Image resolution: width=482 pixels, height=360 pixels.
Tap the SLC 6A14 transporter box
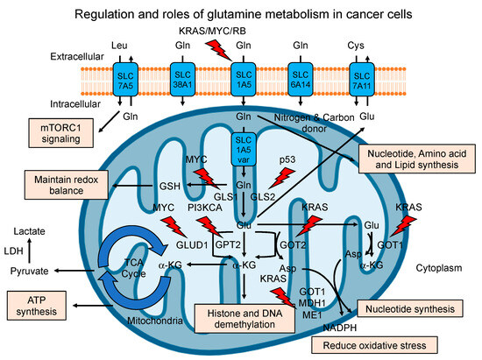tap(301, 74)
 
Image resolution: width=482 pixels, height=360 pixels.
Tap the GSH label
tap(168, 188)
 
